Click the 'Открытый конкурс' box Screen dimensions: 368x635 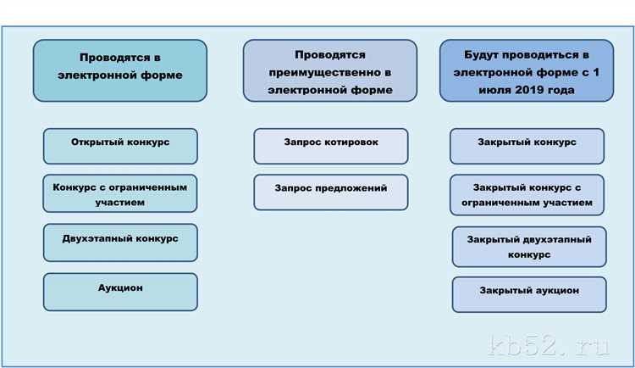click(x=120, y=146)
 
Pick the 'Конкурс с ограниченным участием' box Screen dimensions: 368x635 click(x=120, y=192)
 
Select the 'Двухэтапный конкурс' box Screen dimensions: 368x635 click(x=120, y=242)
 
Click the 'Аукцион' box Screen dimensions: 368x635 click(x=120, y=291)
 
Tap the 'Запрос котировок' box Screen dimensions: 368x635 click(x=330, y=146)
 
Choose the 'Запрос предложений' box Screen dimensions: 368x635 click(x=330, y=192)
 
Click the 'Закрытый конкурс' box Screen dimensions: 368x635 click(x=527, y=146)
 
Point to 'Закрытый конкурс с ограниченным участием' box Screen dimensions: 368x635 click(x=527, y=196)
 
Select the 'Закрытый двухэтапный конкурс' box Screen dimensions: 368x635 click(x=529, y=247)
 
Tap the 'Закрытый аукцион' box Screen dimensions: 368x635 click(x=529, y=293)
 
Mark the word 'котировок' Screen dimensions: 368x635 click(x=349, y=142)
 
